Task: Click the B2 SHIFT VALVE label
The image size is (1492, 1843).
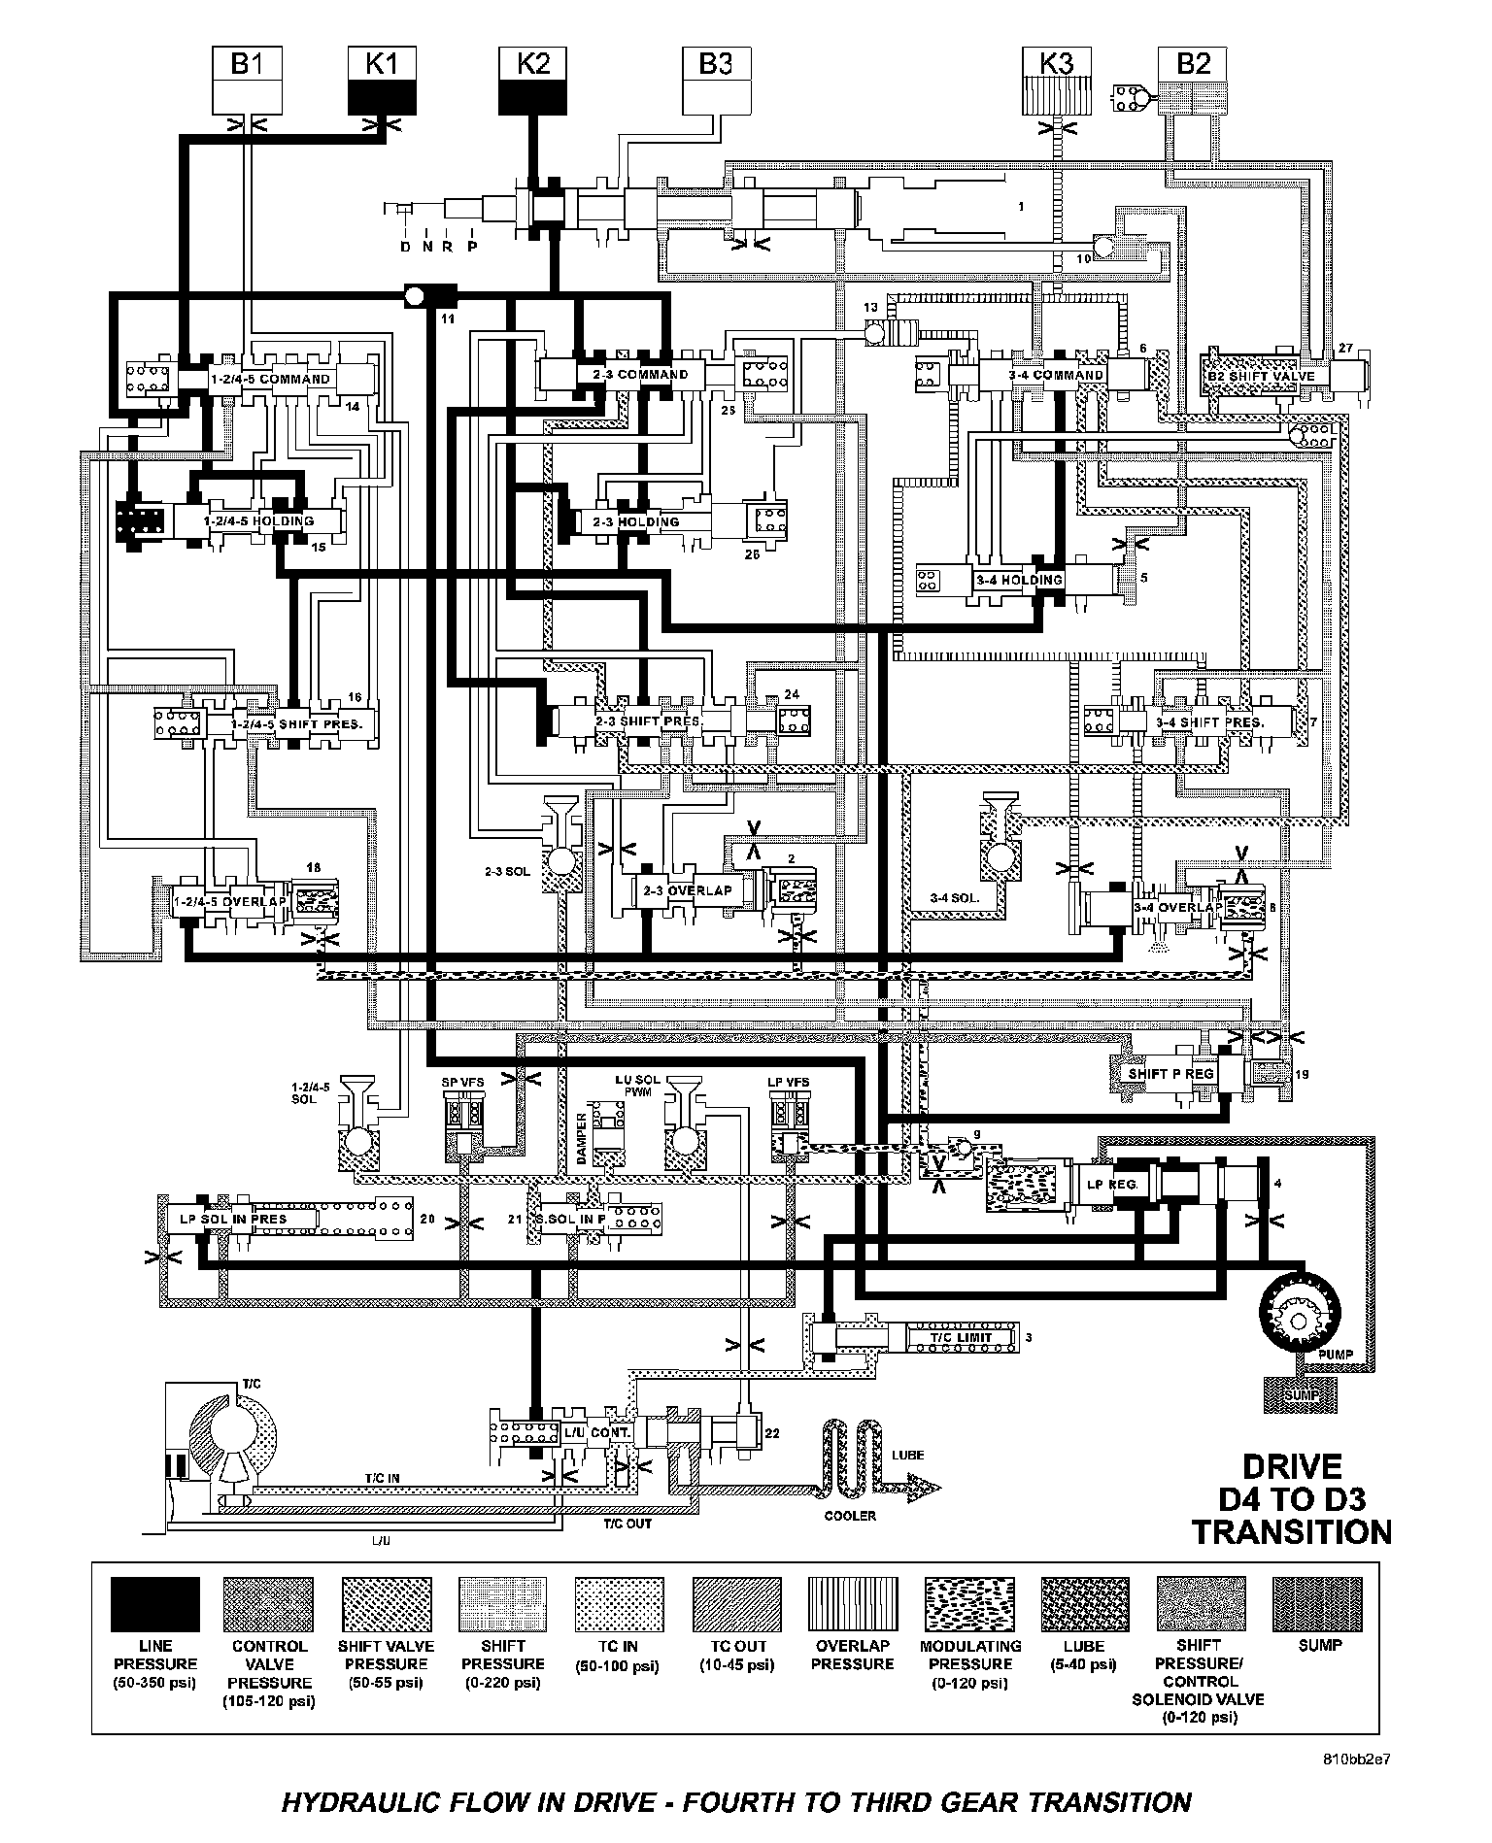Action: pos(1261,376)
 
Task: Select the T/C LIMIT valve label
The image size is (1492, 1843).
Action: pos(961,1337)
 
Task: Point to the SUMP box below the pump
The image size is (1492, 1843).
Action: pos(1301,1395)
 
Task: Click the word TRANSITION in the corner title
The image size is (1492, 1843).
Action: pos(1291,1532)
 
